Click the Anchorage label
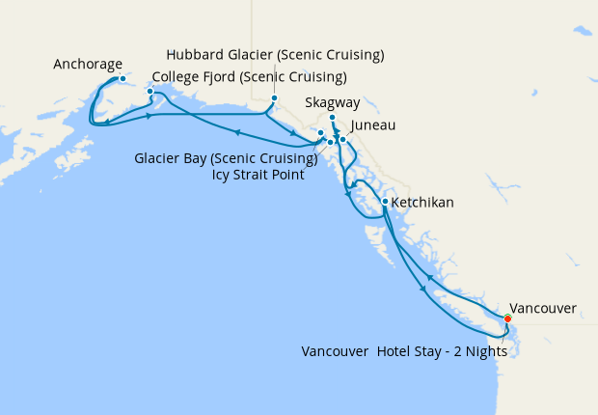[x=88, y=65]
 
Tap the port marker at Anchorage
[x=122, y=78]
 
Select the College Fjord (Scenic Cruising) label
[x=250, y=77]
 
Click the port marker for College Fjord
[x=149, y=92]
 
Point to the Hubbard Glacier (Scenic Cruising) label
[x=275, y=53]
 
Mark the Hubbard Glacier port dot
[x=274, y=98]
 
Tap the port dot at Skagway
[x=332, y=118]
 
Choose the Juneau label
[x=373, y=125]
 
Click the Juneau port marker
[x=342, y=140]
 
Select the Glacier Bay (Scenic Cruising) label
[x=226, y=158]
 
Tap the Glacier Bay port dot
[x=320, y=132]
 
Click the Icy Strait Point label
[x=258, y=175]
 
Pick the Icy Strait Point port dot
[x=330, y=143]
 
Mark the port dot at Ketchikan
[x=385, y=202]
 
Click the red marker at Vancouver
[x=507, y=318]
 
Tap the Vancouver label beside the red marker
[x=543, y=309]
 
